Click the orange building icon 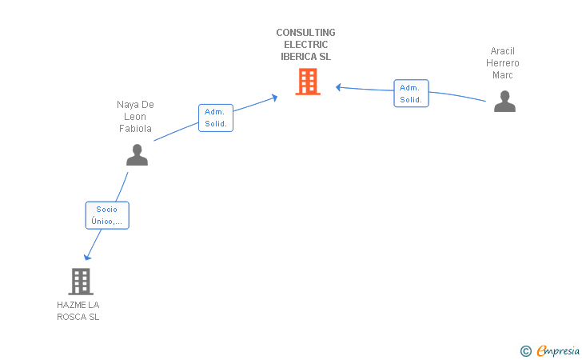coord(308,82)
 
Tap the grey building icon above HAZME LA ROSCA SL coord(81,282)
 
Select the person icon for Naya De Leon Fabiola coord(137,154)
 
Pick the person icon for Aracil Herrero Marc coord(504,101)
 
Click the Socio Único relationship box coord(107,215)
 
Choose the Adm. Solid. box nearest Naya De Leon coord(216,118)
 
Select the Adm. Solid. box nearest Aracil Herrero coord(411,94)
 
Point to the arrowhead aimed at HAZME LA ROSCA coord(87,257)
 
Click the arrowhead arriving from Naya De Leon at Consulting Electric coord(275,98)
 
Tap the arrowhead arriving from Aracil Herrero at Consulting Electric coord(338,87)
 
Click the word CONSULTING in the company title coord(306,33)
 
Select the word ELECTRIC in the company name coord(306,45)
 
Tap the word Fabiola coord(135,129)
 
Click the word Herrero coord(503,63)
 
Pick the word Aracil coord(503,51)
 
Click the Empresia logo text coord(558,350)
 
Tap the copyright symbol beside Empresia coord(526,351)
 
